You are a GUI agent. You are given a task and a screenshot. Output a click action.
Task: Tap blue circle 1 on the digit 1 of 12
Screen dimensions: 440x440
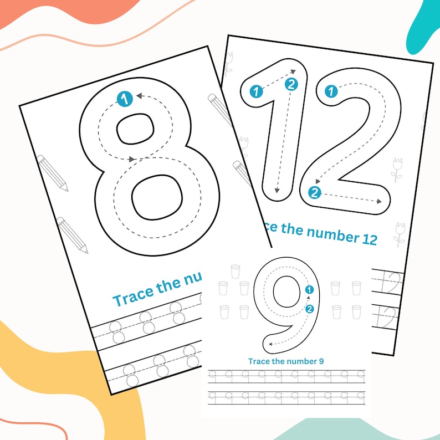point(256,91)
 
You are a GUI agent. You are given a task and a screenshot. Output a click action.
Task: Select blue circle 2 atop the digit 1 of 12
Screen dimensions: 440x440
point(292,84)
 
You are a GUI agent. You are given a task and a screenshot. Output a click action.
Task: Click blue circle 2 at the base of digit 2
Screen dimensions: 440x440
point(315,193)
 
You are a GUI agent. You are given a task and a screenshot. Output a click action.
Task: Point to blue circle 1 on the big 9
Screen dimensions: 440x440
point(310,289)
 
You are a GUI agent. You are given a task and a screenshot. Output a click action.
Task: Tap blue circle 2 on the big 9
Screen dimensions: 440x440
point(310,309)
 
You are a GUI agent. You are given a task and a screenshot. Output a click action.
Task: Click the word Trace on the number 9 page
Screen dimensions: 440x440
point(259,361)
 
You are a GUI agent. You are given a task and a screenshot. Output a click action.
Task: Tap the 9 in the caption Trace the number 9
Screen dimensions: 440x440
point(321,361)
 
